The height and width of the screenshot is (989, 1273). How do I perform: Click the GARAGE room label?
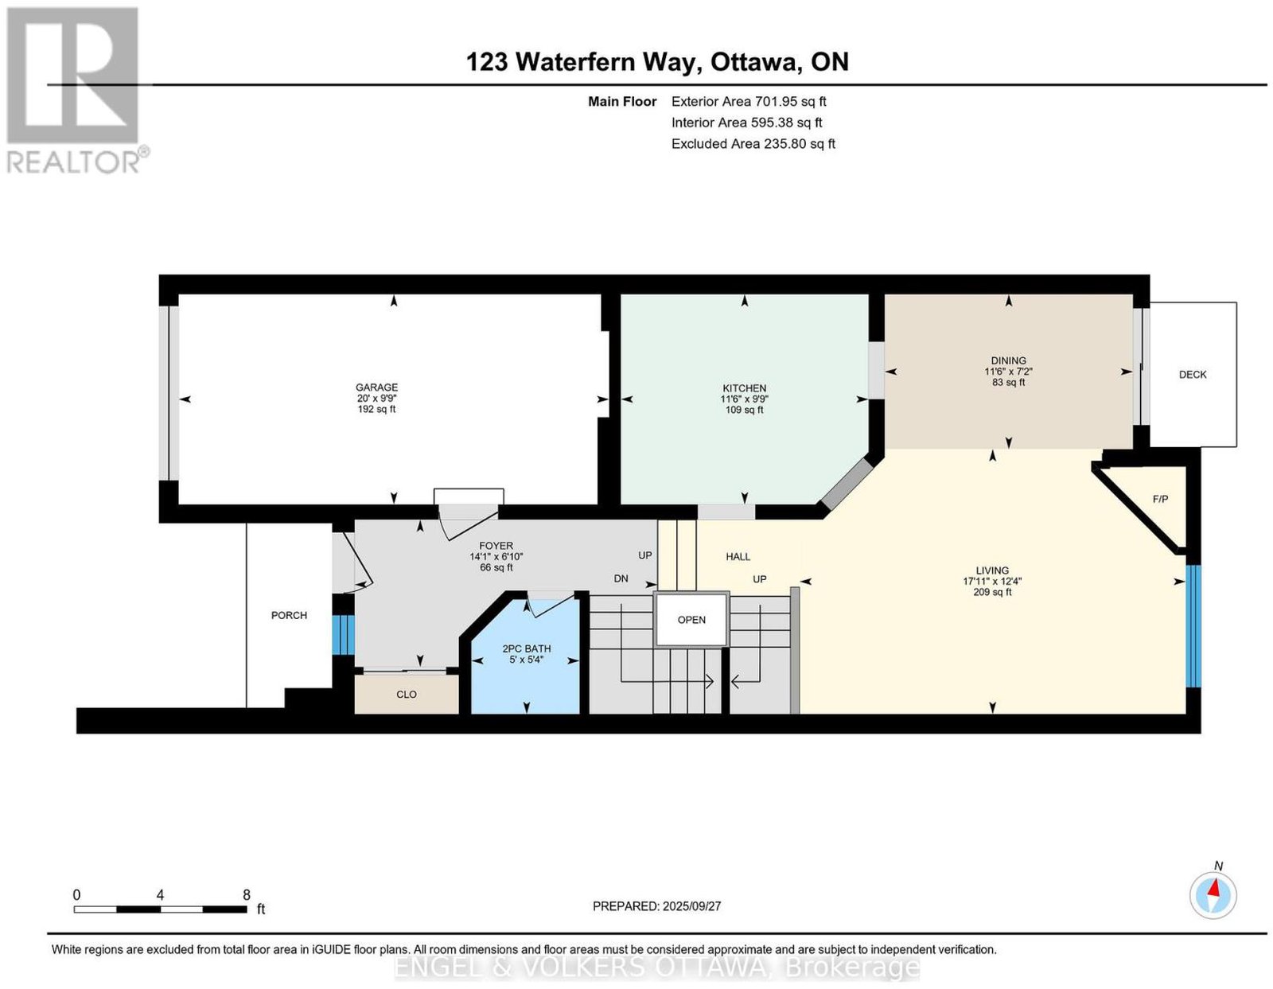click(376, 387)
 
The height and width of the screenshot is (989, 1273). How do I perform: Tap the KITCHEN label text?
click(744, 388)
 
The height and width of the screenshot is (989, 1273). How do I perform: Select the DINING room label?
click(1008, 360)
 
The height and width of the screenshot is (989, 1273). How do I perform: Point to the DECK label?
click(1192, 375)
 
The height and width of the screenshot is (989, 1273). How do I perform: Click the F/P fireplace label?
click(1160, 499)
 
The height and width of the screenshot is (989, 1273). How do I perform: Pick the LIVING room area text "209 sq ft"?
click(992, 592)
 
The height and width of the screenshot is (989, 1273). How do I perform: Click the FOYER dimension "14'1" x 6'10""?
click(496, 556)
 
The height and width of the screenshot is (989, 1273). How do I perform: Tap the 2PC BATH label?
click(526, 648)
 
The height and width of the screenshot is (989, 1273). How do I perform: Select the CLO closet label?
click(406, 695)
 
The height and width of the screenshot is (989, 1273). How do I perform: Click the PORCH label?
click(289, 615)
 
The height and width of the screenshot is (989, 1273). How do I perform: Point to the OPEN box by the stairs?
click(691, 620)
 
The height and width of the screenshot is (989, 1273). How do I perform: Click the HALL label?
click(738, 557)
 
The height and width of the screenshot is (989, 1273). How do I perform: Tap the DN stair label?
click(621, 578)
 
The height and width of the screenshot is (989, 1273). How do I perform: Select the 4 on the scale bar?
click(160, 895)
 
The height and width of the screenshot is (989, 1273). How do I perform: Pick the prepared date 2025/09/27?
click(691, 906)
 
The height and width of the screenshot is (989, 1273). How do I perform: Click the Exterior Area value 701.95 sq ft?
click(790, 101)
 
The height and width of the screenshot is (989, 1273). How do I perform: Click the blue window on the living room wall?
click(1193, 626)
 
